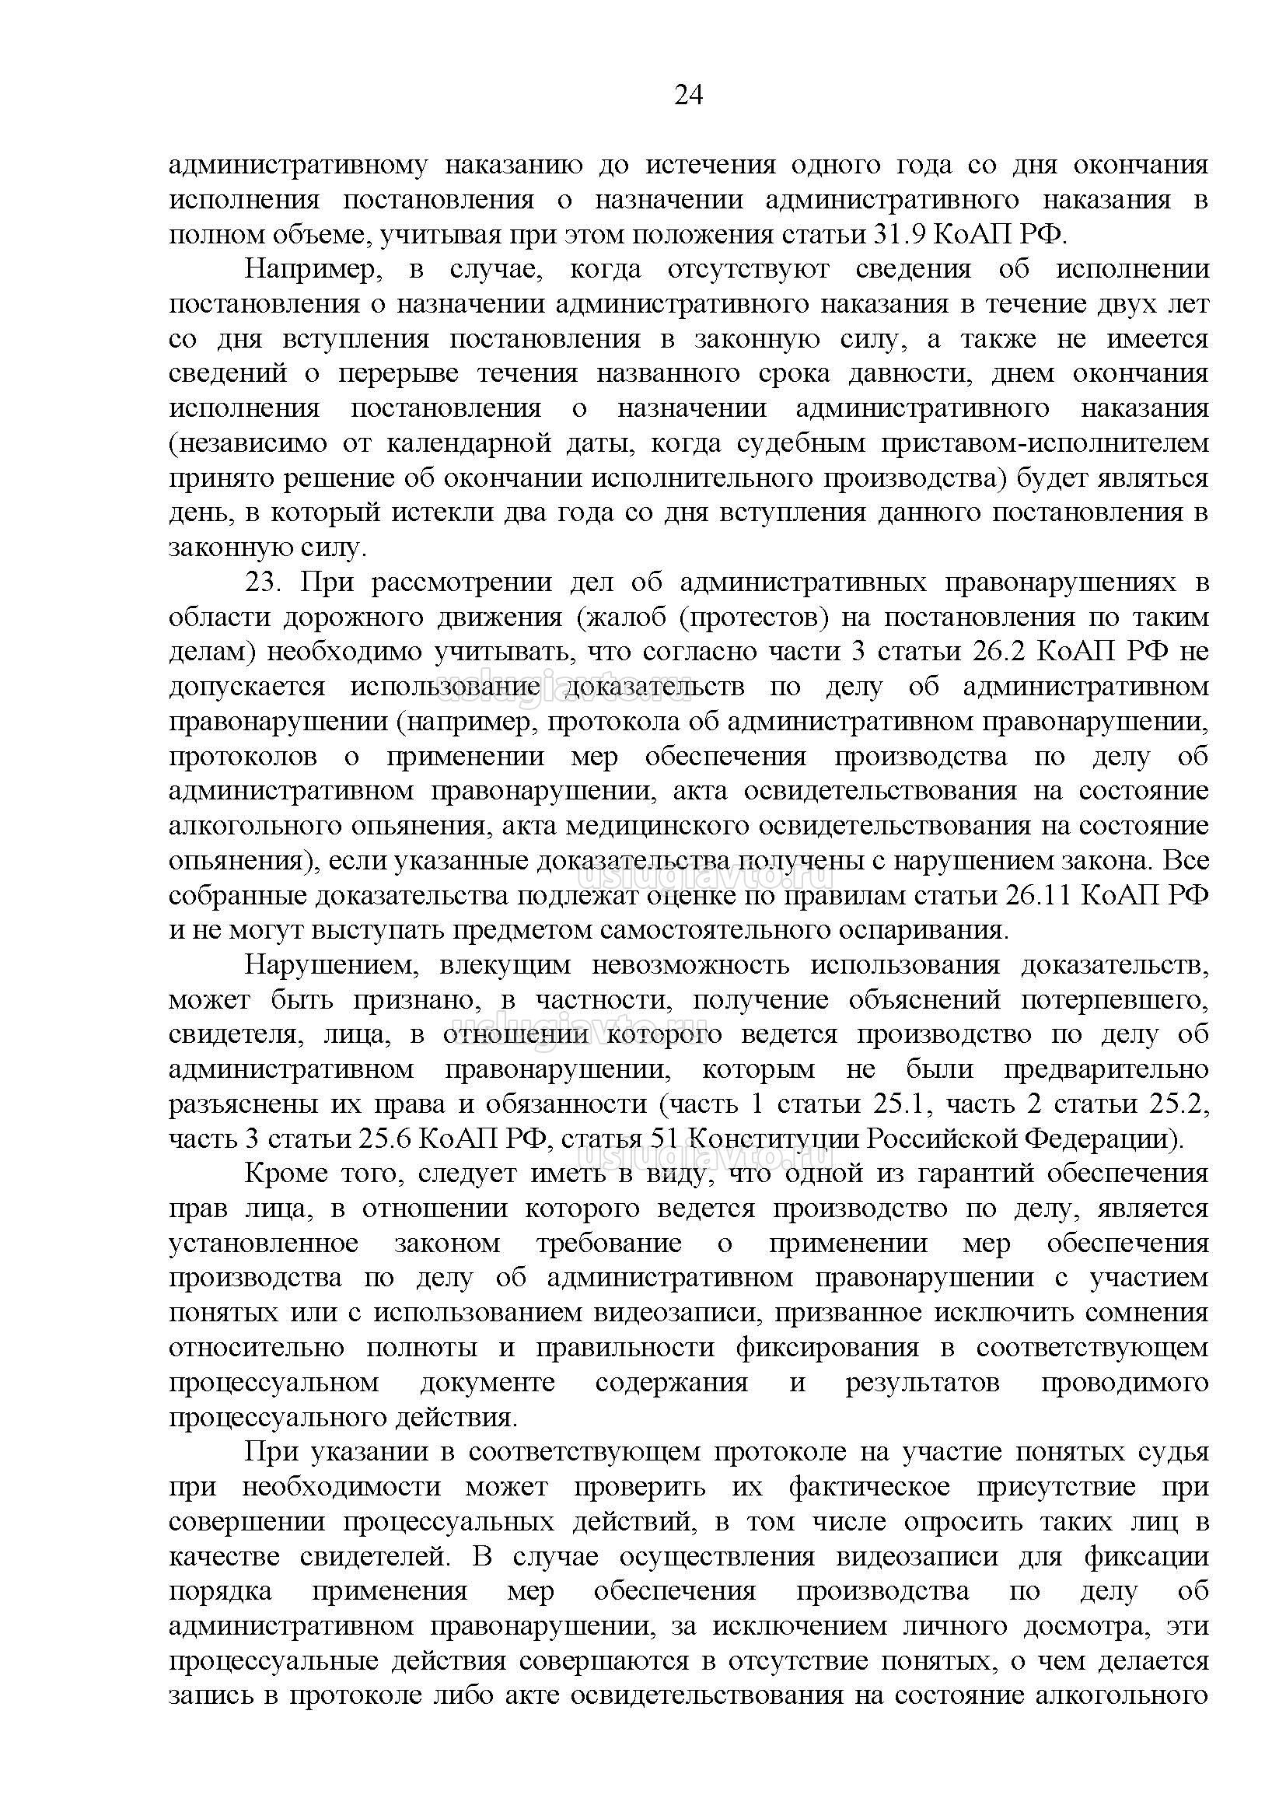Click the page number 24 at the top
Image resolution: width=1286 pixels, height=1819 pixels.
(687, 95)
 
